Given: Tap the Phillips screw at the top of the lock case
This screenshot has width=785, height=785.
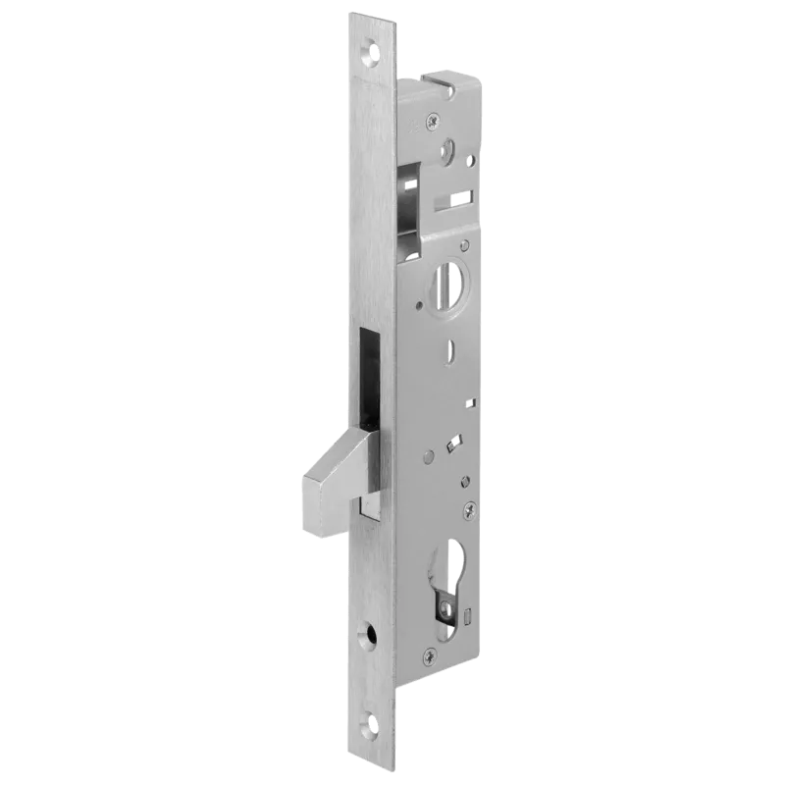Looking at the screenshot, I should (x=432, y=122).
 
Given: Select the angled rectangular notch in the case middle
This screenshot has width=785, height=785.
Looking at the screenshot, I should (x=452, y=444).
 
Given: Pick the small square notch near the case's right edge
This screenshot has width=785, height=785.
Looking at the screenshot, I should (x=471, y=403).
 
